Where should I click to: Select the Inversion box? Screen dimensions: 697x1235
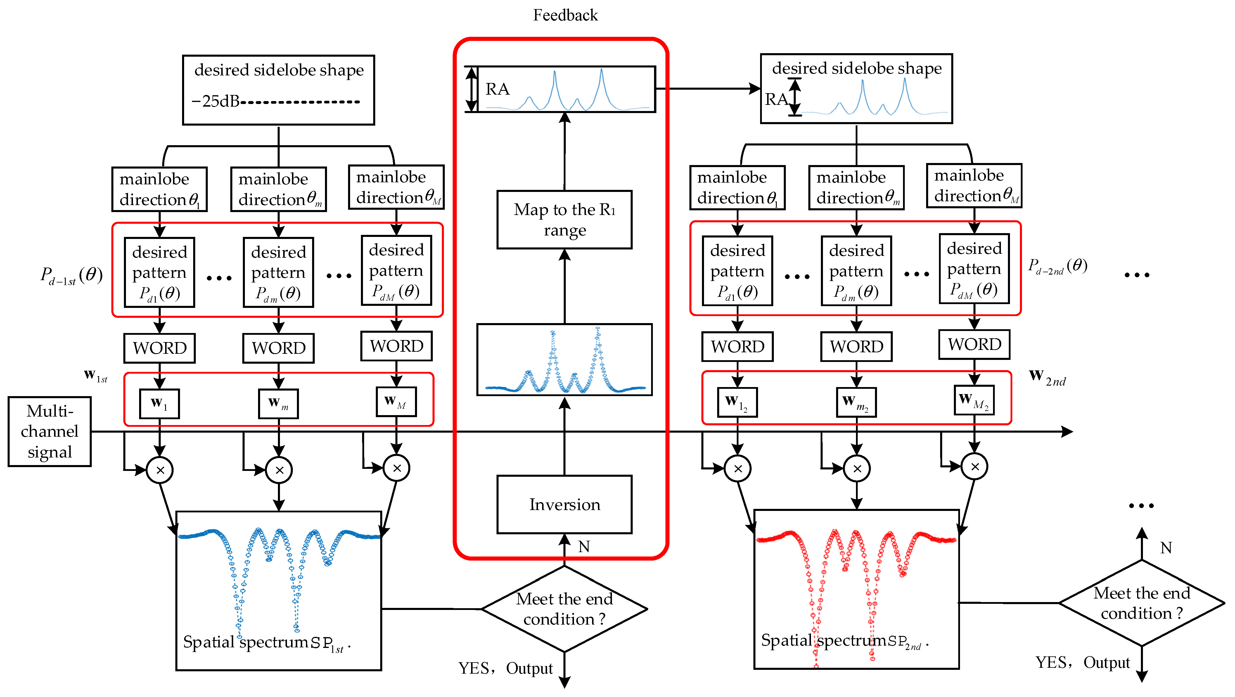click(x=564, y=504)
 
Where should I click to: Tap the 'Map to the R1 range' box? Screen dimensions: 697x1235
click(x=564, y=220)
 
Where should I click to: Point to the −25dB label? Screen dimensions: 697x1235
click(x=216, y=101)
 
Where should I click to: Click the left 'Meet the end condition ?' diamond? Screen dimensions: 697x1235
click(x=564, y=609)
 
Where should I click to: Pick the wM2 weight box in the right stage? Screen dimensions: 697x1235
click(x=974, y=400)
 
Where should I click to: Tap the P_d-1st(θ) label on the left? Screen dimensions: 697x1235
click(x=71, y=276)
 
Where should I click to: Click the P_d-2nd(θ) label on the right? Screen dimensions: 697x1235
click(x=1057, y=266)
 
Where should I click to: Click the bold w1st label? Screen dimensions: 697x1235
click(x=95, y=376)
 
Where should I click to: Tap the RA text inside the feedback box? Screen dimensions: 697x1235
click(x=497, y=89)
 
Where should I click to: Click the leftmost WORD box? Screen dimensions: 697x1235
click(x=159, y=348)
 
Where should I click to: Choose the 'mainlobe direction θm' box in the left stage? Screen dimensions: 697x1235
click(x=279, y=189)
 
